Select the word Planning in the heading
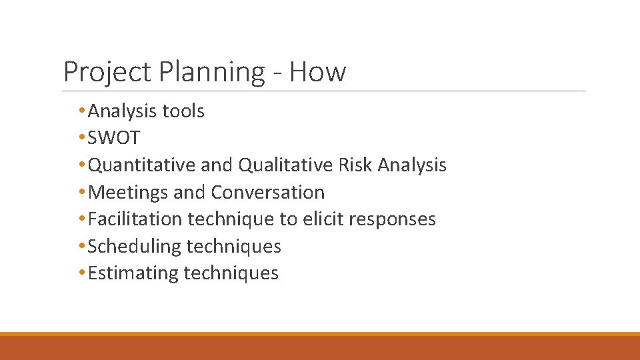click(x=213, y=72)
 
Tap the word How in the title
click(x=317, y=71)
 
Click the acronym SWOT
click(x=114, y=138)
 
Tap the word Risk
click(x=356, y=165)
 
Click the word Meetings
click(x=128, y=193)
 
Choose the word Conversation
click(x=268, y=193)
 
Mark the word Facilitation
click(x=135, y=219)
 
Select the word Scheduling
click(x=135, y=247)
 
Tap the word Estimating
click(x=133, y=273)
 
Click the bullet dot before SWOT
click(x=82, y=138)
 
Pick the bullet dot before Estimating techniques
click(x=82, y=273)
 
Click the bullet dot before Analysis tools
click(x=82, y=111)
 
